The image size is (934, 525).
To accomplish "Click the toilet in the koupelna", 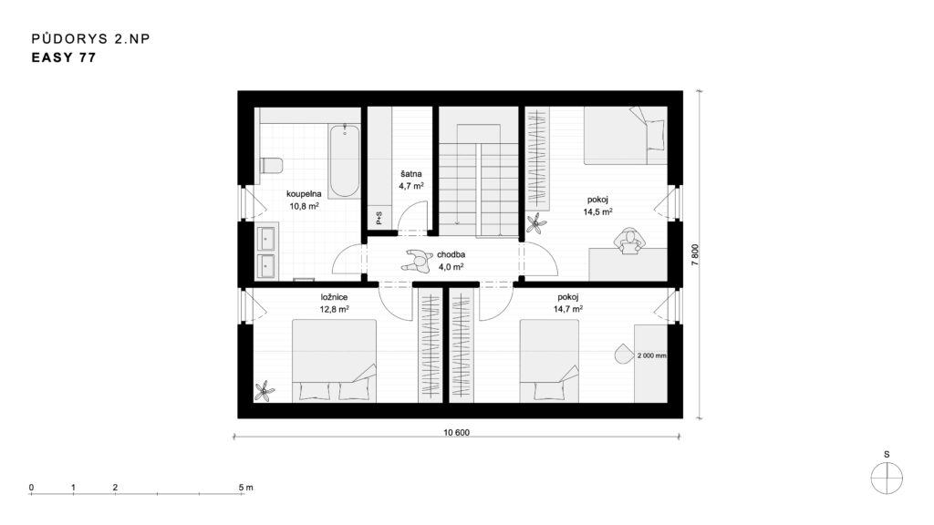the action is click(271, 166).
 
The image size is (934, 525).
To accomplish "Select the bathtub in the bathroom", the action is click(345, 160).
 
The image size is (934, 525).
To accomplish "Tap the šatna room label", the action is click(411, 174).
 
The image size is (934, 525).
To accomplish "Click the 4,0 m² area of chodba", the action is click(451, 267).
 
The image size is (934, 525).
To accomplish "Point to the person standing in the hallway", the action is click(416, 260).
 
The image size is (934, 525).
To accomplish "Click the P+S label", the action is click(379, 218).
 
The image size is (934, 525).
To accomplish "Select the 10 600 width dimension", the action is click(456, 433).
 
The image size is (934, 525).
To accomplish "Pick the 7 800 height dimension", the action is click(695, 255).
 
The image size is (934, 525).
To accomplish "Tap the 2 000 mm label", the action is click(651, 355).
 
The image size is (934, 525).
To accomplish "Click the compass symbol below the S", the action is click(887, 478).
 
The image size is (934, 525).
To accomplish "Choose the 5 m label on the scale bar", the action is click(245, 487).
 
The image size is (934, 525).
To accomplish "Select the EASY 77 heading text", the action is click(64, 57).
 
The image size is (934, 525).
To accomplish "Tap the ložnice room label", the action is click(334, 297).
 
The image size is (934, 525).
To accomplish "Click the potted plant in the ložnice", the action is click(265, 391).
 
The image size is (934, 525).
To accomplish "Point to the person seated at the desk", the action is click(629, 241).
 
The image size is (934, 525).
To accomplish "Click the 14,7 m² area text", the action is click(568, 309).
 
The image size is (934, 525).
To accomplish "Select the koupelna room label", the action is click(304, 193).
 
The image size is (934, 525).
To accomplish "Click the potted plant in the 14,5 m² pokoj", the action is click(536, 223).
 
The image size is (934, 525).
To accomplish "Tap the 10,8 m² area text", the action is click(305, 207).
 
